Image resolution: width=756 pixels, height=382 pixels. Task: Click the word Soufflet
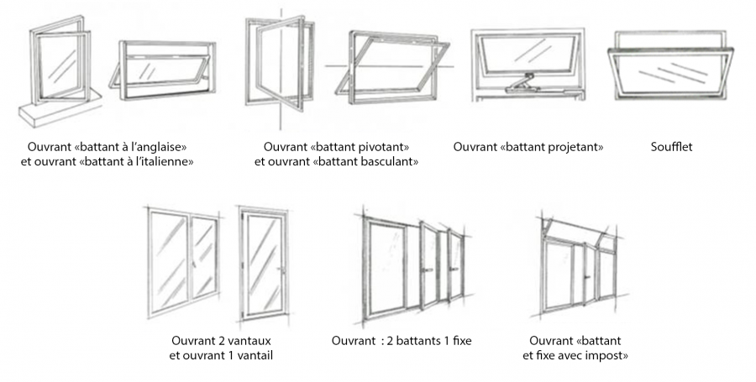671,147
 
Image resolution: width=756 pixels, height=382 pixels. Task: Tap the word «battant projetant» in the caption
555,147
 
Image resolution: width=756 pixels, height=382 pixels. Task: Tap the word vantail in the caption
252,355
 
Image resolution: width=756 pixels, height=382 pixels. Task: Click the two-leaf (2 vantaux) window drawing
183,262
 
